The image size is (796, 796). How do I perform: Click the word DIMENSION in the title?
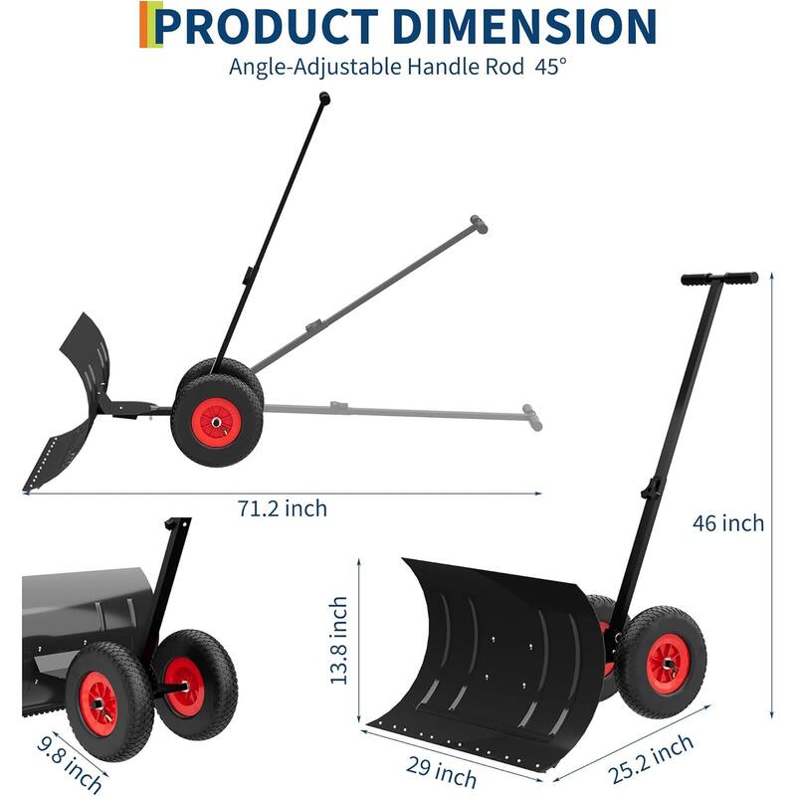click(527, 26)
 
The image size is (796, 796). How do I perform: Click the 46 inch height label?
click(729, 522)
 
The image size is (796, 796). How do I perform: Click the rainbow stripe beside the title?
click(148, 26)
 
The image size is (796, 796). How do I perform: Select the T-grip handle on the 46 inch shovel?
click(719, 280)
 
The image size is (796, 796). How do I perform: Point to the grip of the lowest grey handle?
click(533, 418)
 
